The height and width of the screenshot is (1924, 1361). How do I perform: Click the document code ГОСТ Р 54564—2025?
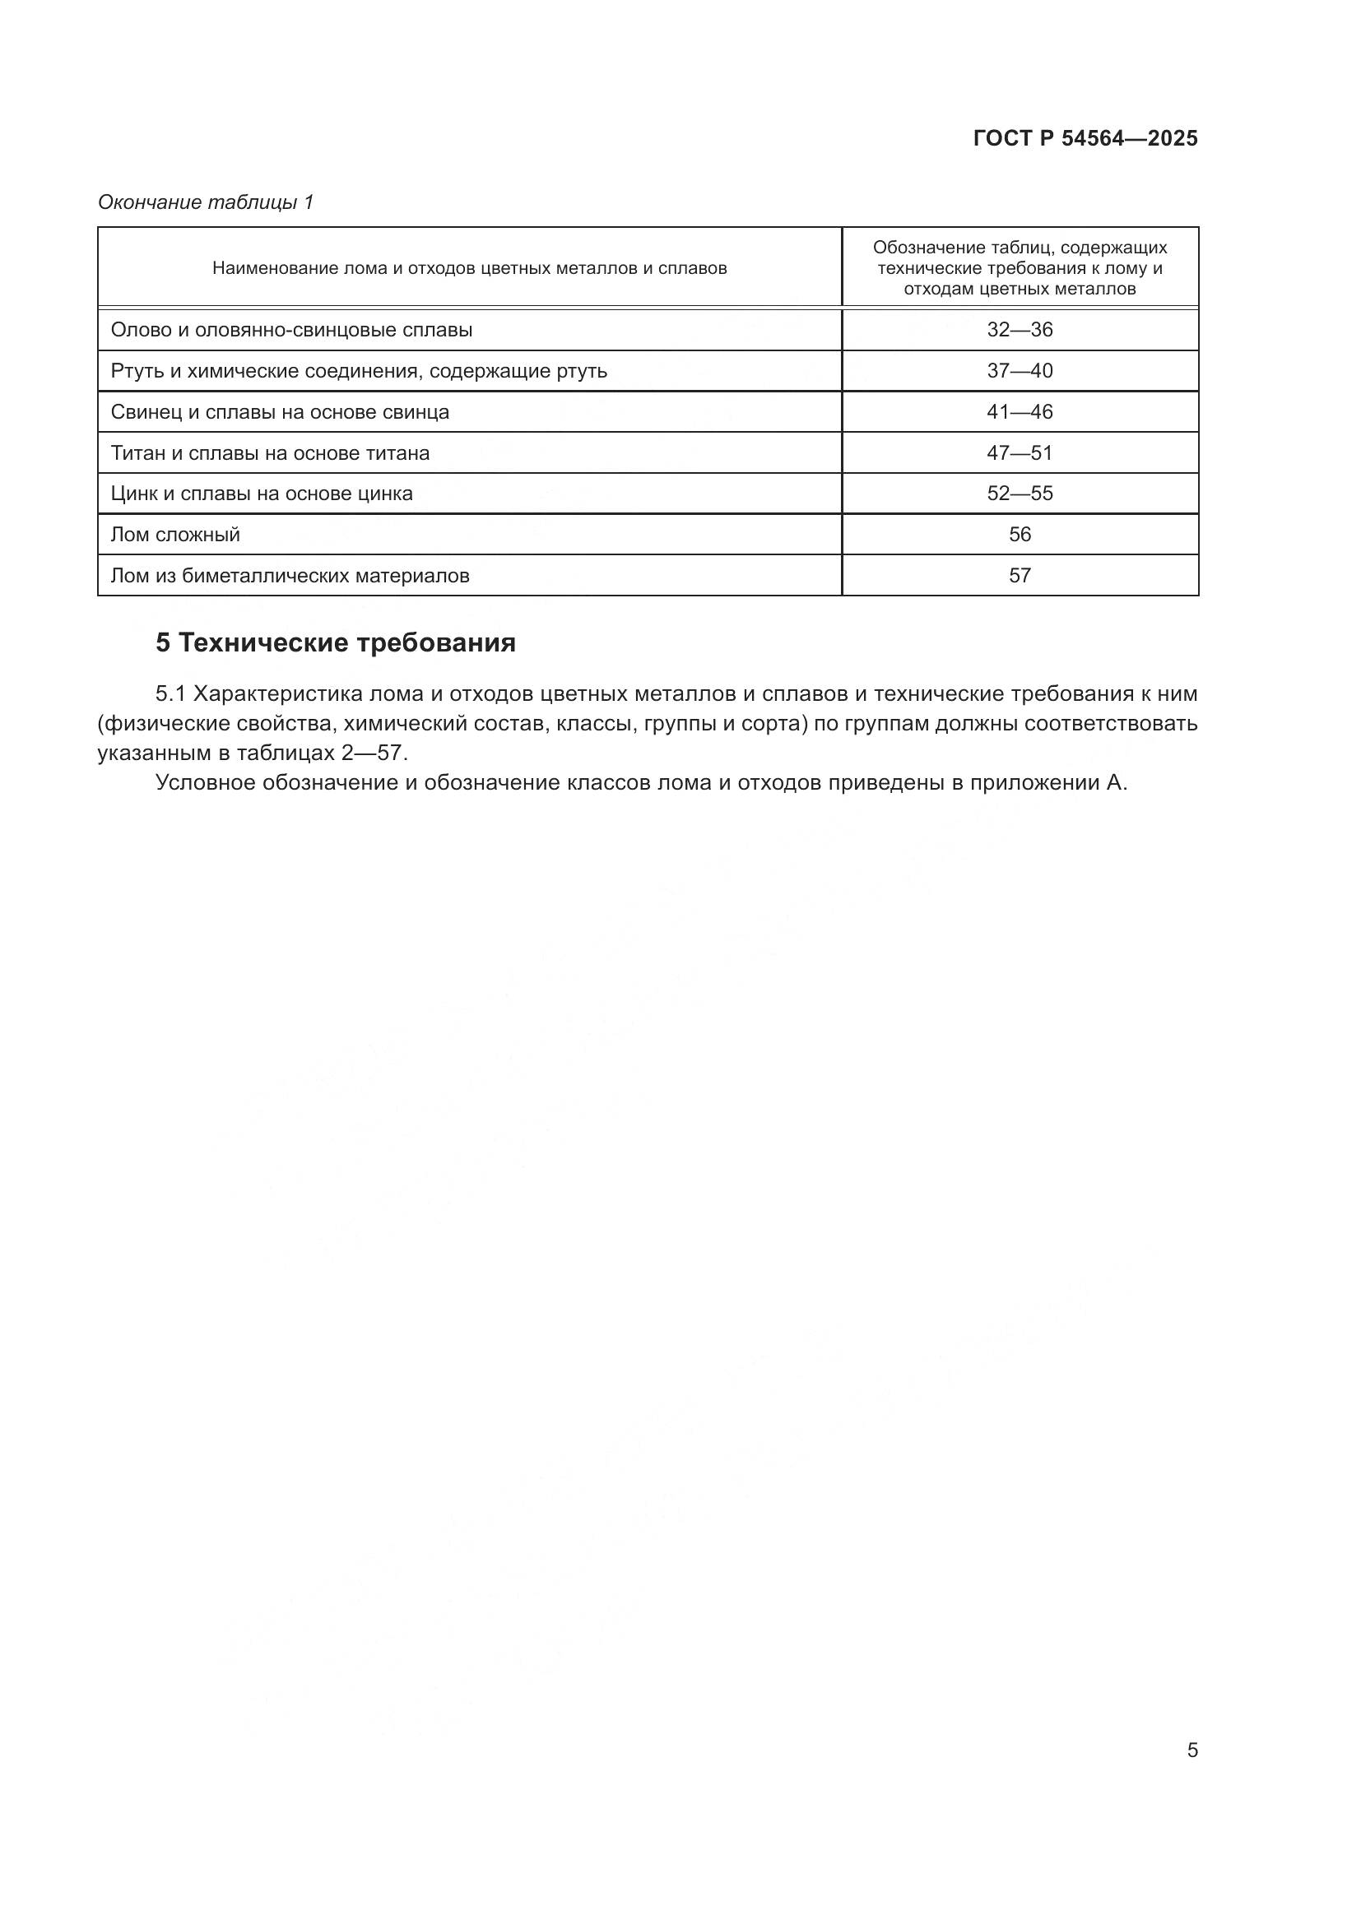(1085, 139)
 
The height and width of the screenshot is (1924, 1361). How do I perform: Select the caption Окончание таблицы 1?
(206, 202)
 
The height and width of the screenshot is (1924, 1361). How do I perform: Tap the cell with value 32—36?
(1019, 330)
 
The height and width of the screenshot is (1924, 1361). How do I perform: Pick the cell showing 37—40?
(1019, 371)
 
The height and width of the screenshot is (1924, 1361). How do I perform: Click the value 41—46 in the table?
(1019, 412)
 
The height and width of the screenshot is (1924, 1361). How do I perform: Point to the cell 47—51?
(1019, 453)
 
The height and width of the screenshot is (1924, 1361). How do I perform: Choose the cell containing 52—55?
(1019, 494)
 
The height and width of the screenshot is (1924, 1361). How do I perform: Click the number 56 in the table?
(1019, 535)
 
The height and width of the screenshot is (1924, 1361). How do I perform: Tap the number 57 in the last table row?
(1019, 576)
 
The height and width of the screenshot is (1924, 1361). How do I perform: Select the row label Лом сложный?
(175, 535)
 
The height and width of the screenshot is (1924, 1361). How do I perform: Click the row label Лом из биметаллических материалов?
(290, 576)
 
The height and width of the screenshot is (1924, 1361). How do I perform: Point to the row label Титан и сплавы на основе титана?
(270, 453)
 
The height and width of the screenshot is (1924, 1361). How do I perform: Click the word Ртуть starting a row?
(134, 371)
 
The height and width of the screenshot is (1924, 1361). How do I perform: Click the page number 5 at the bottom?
(1191, 1750)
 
